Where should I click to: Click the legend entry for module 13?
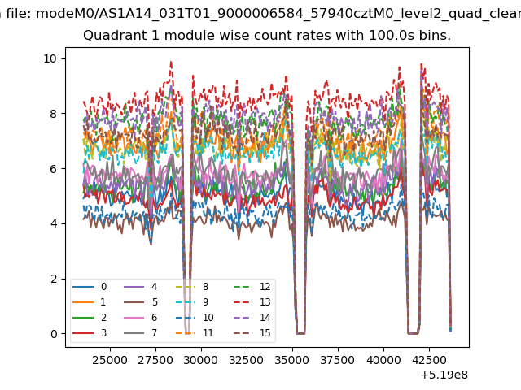252,301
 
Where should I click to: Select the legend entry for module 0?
90,287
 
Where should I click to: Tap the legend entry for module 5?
141,301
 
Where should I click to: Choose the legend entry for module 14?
252,318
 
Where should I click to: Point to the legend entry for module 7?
141,332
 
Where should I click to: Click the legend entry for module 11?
195,332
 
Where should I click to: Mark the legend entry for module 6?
141,318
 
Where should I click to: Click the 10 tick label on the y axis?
50,58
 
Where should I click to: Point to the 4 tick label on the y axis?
54,223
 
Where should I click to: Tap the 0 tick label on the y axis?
54,334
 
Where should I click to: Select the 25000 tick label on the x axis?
110,360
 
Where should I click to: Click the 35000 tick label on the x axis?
292,360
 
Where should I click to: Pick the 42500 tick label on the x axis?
429,360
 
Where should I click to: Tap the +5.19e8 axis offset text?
444,375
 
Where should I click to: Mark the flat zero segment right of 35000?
300,333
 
